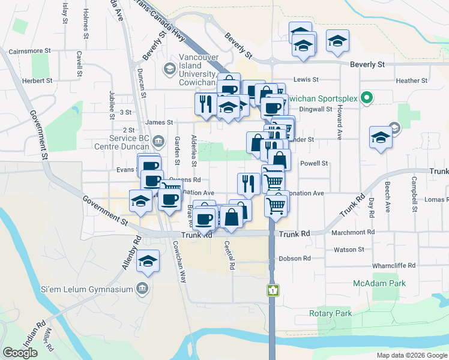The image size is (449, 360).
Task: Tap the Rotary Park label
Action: [330, 313]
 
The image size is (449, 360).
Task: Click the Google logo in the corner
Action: [20, 353]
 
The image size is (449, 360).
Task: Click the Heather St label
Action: [411, 80]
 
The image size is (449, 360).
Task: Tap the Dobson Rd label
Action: [294, 259]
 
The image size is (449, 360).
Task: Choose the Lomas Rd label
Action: [436, 199]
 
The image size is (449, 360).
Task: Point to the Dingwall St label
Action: [316, 109]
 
